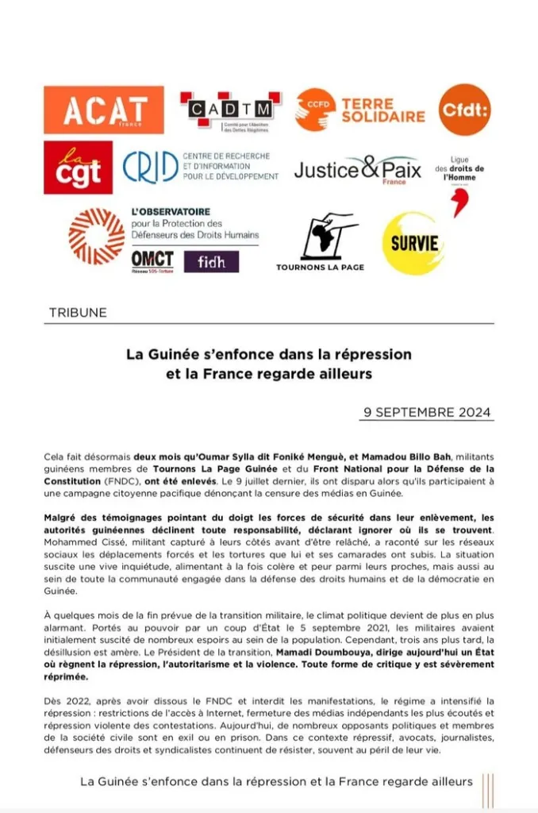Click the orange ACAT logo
pos(104,110)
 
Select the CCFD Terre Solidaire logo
pos(360,110)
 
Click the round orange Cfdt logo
pos(465,110)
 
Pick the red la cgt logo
pos(78,168)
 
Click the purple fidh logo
pos(211,261)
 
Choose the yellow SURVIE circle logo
pos(413,243)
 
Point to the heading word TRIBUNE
pos(78,312)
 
